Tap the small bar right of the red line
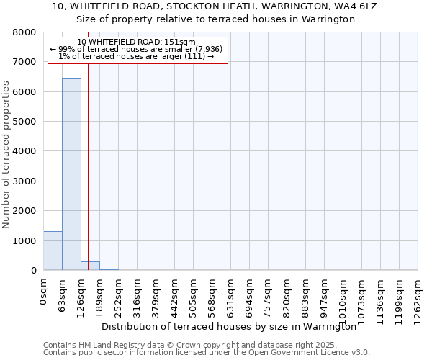90,266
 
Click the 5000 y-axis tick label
25,122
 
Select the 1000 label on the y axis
25,240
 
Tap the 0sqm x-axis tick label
44,292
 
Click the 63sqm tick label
63,294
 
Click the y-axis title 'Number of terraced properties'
6,155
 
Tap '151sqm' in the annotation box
179,42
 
